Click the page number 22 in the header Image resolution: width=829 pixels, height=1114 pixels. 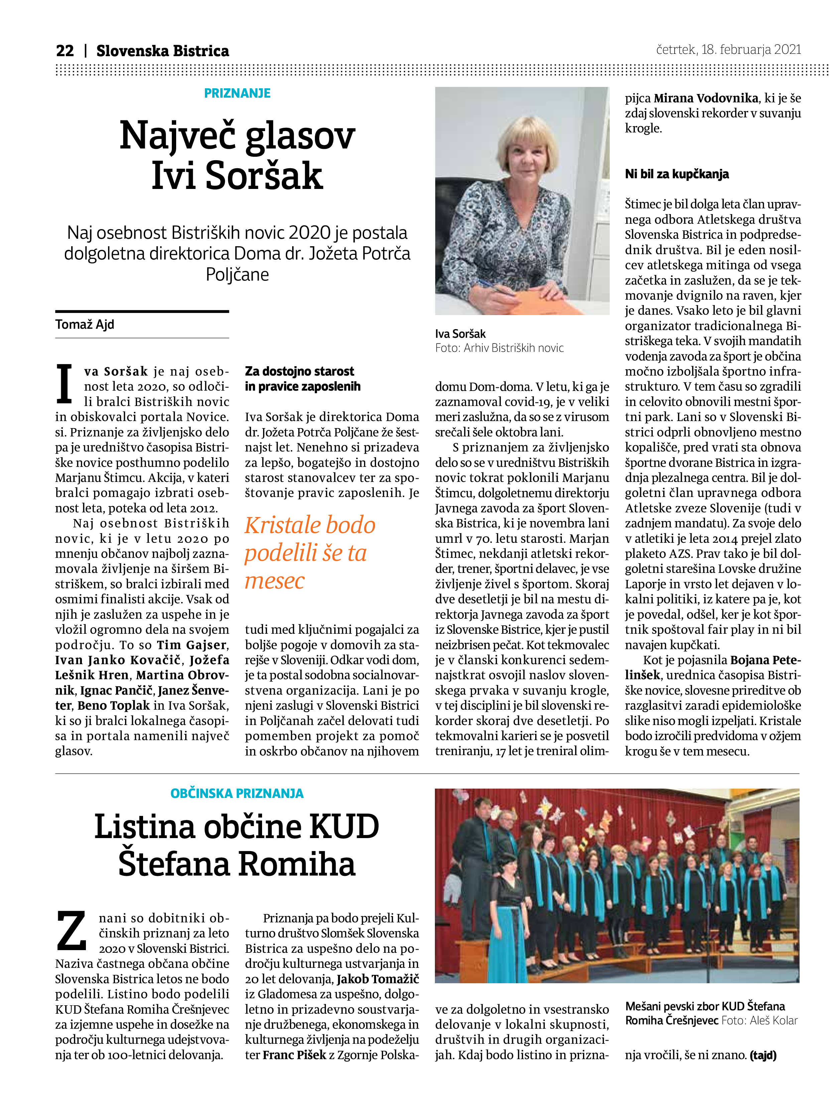pos(65,51)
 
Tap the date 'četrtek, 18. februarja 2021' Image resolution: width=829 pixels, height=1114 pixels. pos(728,49)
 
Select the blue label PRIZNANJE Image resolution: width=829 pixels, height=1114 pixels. pos(237,93)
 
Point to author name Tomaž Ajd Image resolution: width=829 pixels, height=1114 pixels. pos(85,324)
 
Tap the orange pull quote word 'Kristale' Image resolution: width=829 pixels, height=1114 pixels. pos(283,525)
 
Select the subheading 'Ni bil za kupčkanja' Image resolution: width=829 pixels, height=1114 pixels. pos(677,174)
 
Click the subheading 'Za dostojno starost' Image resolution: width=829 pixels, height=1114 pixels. pos(299,372)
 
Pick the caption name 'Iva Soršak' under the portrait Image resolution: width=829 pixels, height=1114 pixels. pos(460,334)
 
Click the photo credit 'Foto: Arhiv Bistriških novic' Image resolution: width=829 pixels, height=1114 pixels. pos(499,348)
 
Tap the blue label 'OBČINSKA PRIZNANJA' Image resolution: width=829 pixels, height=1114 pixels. pos(237,793)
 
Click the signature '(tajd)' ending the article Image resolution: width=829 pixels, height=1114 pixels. pos(763,1055)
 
